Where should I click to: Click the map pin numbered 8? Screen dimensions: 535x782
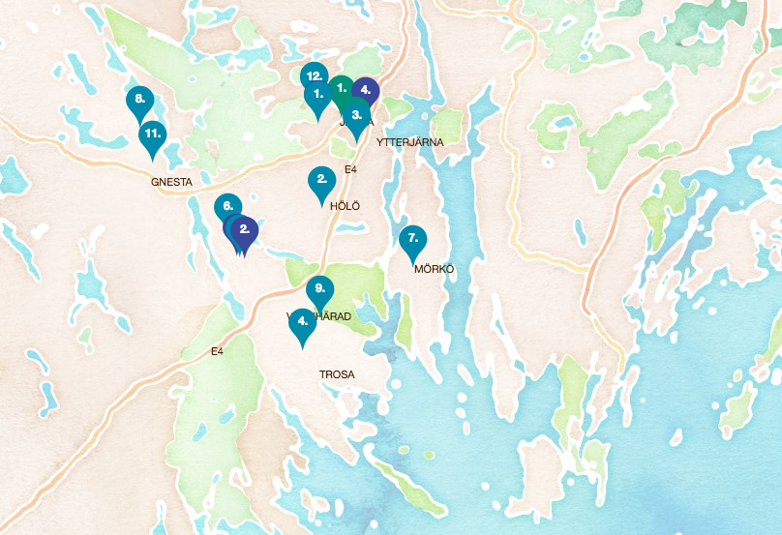[x=140, y=100]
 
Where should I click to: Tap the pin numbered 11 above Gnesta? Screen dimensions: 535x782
[x=152, y=136]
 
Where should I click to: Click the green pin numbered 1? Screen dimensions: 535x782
[x=342, y=88]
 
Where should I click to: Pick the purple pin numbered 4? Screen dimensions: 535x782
[x=365, y=90]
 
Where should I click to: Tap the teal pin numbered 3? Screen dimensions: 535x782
[x=357, y=115]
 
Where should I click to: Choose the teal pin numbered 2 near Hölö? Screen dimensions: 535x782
[x=321, y=181]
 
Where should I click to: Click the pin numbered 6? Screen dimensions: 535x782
[x=227, y=207]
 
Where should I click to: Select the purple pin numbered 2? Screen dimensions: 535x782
[x=245, y=230]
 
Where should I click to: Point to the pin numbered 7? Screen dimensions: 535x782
[x=413, y=239]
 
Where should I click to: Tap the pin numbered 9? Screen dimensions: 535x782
[x=319, y=289]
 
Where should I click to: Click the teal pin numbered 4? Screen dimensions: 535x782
[x=303, y=322]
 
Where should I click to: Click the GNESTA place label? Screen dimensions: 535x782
[x=172, y=182]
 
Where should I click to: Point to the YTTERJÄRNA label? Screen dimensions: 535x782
[x=409, y=142]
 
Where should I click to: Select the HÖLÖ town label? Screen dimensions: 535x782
[x=345, y=207]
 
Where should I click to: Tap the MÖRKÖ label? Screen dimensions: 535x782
[x=434, y=269]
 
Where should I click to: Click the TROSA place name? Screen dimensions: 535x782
[x=337, y=374]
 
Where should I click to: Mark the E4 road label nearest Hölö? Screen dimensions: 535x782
[x=351, y=170]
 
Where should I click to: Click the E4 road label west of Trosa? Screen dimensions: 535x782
[x=217, y=352]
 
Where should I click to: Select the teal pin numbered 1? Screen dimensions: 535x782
[x=317, y=96]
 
